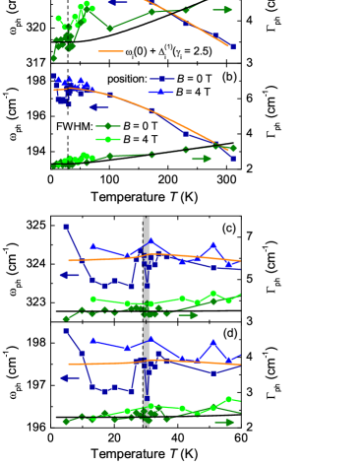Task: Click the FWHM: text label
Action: pos(75,126)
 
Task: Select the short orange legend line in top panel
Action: pos(110,51)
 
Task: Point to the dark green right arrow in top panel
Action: pos(222,10)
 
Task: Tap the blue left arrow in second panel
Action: pos(98,107)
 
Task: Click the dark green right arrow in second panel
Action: pos(202,159)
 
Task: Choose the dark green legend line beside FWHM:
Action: pos(107,126)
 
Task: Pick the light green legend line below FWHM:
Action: pos(107,139)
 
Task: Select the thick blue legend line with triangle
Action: pos(161,92)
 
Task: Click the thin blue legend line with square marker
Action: pos(161,79)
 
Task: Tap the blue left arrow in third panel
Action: pos(70,275)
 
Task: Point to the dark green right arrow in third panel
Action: pos(188,315)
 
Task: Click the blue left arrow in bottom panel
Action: pos(70,377)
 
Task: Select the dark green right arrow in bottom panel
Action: pos(224,423)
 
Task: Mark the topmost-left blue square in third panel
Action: pos(66,227)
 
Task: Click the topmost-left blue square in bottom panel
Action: pos(66,331)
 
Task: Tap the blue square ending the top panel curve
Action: pos(232,46)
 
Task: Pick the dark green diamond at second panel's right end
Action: pos(232,149)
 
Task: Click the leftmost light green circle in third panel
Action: pos(93,299)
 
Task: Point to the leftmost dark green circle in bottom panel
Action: pos(66,422)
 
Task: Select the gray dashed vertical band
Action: pos(147,320)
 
